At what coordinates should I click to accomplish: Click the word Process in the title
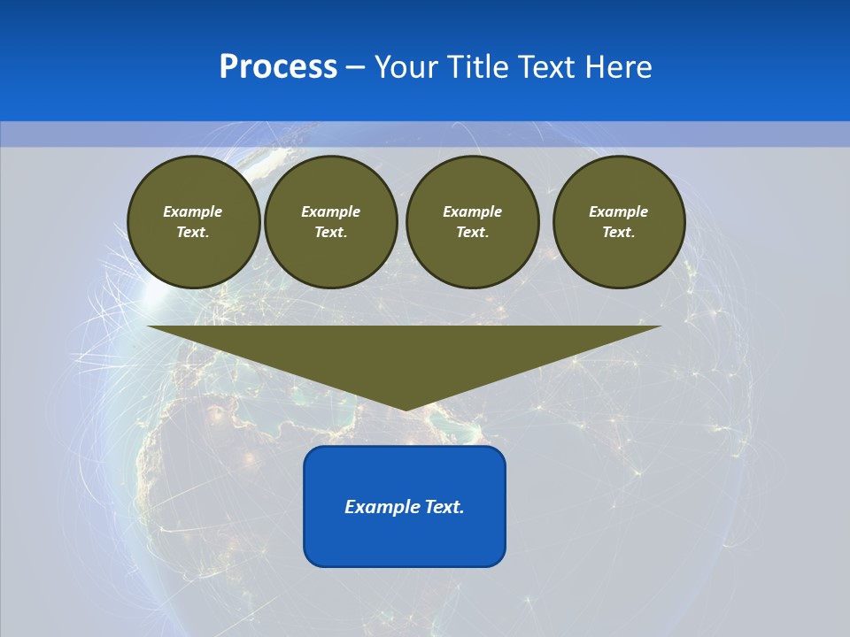coord(278,67)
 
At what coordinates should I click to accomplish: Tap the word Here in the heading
coord(618,67)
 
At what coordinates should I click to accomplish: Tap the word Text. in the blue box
coord(444,507)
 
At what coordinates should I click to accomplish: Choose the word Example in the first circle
coord(193,212)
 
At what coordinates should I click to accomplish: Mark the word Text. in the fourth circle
coord(619,233)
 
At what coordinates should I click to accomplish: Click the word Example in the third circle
coord(472,212)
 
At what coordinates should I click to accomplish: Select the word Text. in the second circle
coord(330,233)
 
